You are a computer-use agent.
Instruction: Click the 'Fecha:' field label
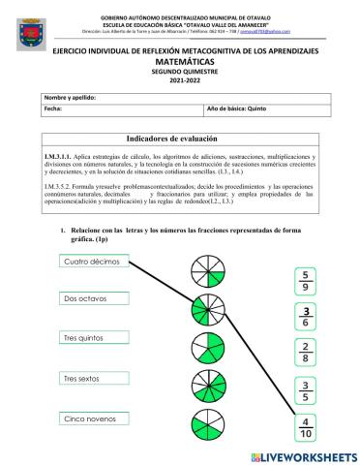point(54,110)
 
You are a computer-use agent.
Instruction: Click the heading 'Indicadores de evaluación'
point(183,139)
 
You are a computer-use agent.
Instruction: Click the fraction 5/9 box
point(306,280)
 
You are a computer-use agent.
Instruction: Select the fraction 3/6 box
point(306,316)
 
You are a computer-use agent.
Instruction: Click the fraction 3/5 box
point(306,389)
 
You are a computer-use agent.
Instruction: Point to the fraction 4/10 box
point(306,426)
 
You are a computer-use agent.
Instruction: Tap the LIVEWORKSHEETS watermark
point(303,454)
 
